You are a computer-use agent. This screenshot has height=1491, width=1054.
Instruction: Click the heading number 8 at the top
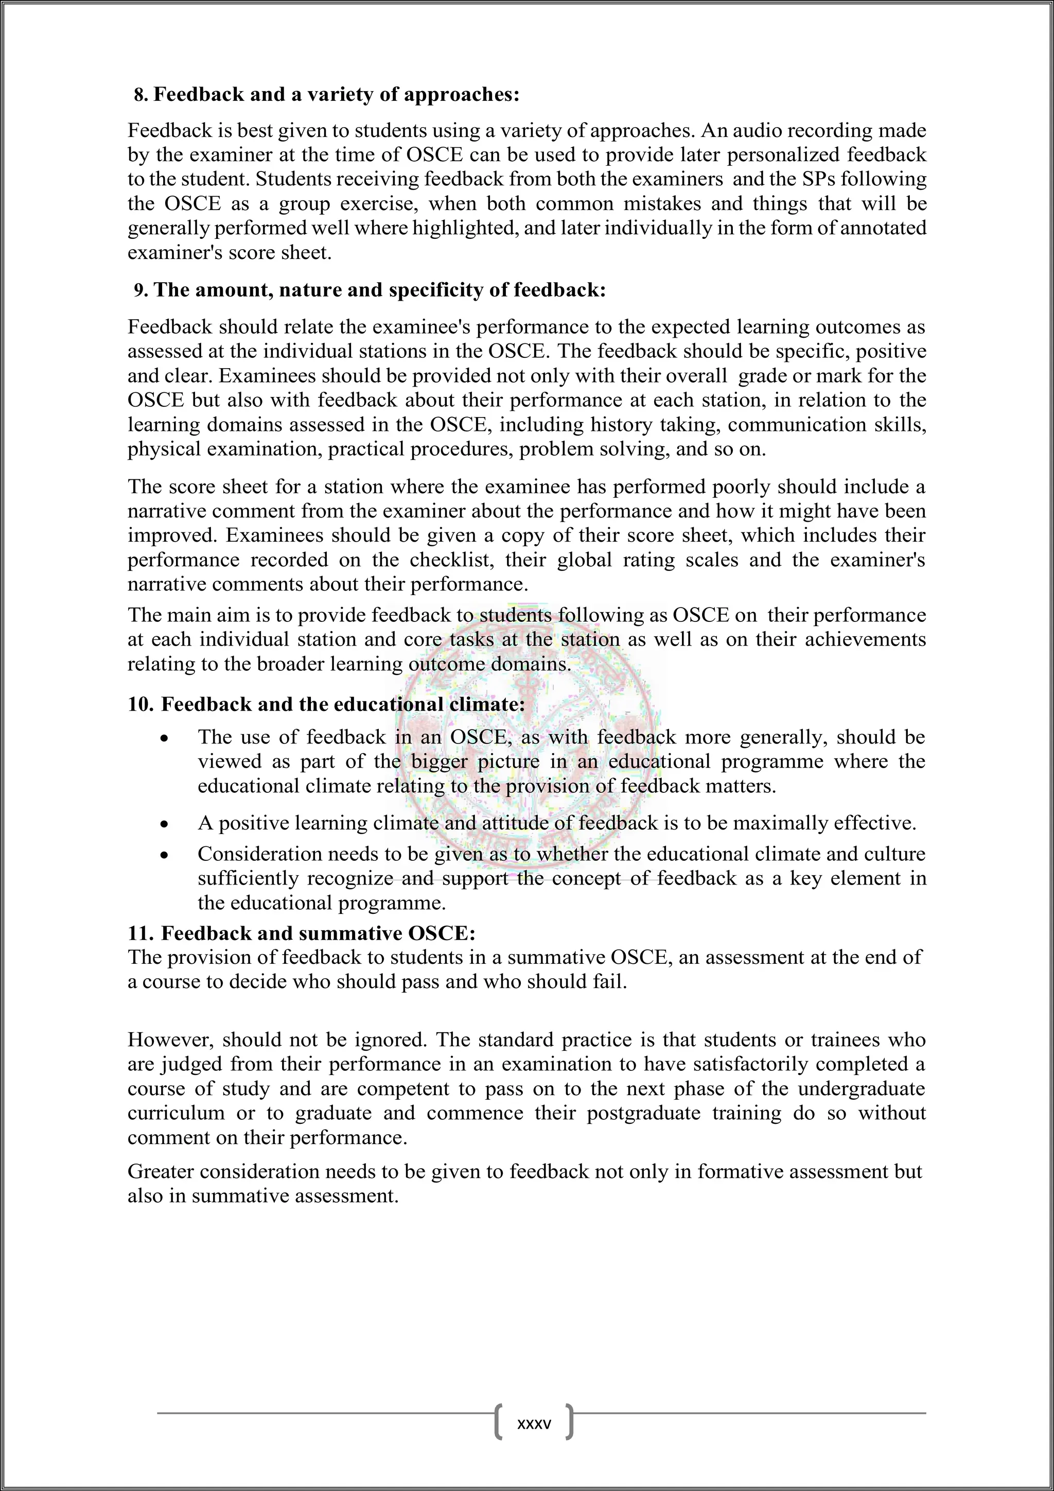139,95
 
